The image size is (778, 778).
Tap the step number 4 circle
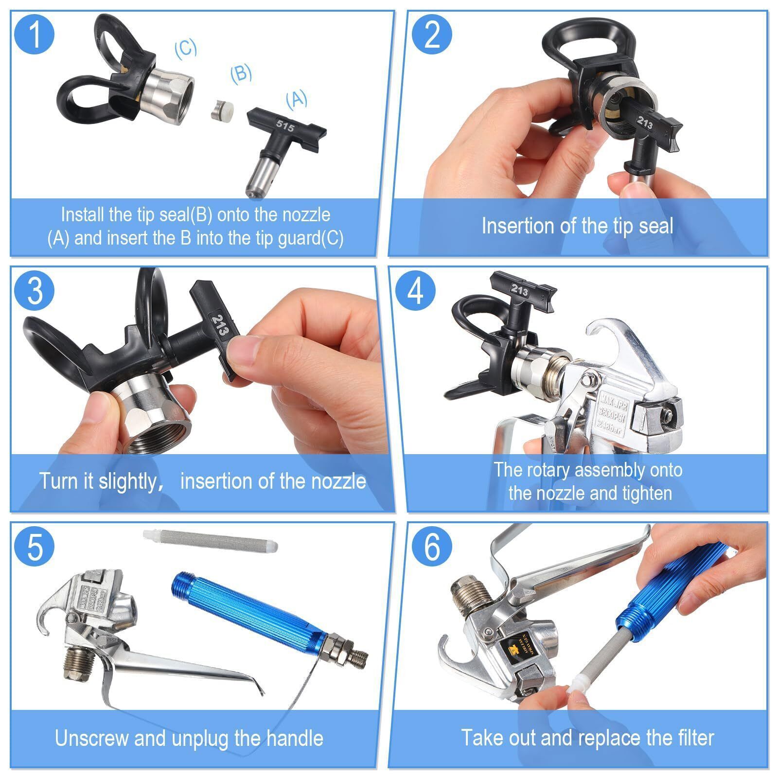point(415,291)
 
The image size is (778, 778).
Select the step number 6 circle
point(432,547)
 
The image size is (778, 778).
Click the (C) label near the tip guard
point(186,48)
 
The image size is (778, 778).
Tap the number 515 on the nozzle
point(285,126)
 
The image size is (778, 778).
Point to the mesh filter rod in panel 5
point(211,541)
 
